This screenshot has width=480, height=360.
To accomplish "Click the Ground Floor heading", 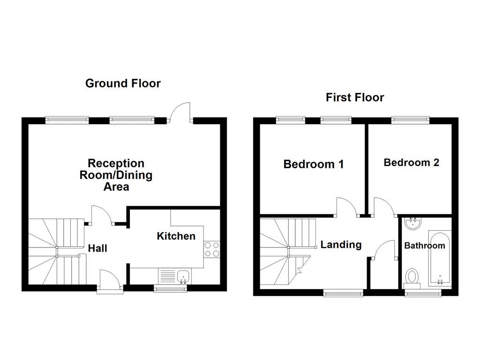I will pos(123,83).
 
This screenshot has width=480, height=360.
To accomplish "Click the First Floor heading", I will pos(355,97).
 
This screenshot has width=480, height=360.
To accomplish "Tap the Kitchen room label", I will pos(176,236).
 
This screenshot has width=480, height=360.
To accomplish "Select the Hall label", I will pos(97,248).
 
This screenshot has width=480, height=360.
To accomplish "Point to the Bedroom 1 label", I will pos(314,164).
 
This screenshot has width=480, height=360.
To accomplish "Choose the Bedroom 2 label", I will pos(411,163).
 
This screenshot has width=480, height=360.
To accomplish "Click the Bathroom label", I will pos(424,246).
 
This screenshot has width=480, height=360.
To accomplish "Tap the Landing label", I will pos(341,244).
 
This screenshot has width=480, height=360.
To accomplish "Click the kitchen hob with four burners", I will pos(212,249).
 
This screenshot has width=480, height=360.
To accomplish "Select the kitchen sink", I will pos(182,276).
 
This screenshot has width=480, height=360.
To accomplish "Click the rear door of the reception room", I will pos(181,113).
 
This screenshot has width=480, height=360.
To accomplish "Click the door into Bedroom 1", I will pos(346,207).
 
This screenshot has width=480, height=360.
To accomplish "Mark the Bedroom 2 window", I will pos(411,120).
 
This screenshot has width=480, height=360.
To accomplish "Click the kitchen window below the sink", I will pos(171,289).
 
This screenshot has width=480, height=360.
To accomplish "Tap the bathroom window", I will pos(423,293).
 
